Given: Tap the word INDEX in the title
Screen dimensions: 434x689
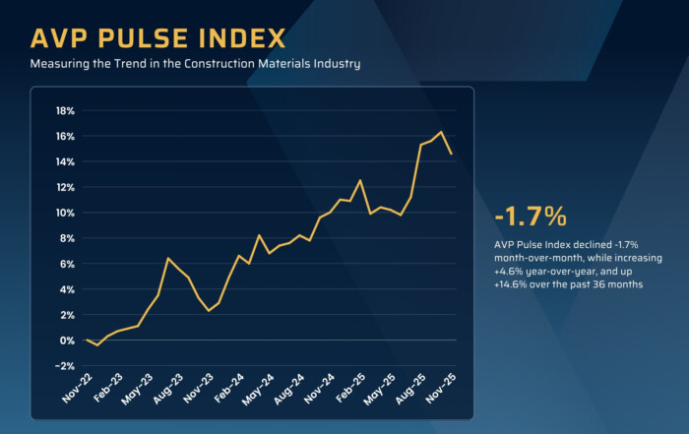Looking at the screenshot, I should pyautogui.click(x=241, y=38).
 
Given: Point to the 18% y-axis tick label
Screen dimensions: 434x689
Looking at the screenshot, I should pyautogui.click(x=65, y=110).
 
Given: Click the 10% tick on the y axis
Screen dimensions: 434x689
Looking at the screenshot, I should pyautogui.click(x=65, y=213).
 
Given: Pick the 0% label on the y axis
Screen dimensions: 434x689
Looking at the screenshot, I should pyautogui.click(x=68, y=341).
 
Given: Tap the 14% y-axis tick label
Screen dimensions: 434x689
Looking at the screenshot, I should pyautogui.click(x=65, y=161).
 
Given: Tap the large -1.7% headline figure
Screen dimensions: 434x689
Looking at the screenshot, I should pyautogui.click(x=532, y=216).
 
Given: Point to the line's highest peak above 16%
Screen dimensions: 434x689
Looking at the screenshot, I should pyautogui.click(x=441, y=132).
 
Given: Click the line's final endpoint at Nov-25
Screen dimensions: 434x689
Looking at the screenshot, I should pyautogui.click(x=452, y=154).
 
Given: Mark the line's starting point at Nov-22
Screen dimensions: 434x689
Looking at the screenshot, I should pyautogui.click(x=87, y=340).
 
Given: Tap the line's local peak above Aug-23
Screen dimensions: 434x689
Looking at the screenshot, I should pyautogui.click(x=168, y=258).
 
